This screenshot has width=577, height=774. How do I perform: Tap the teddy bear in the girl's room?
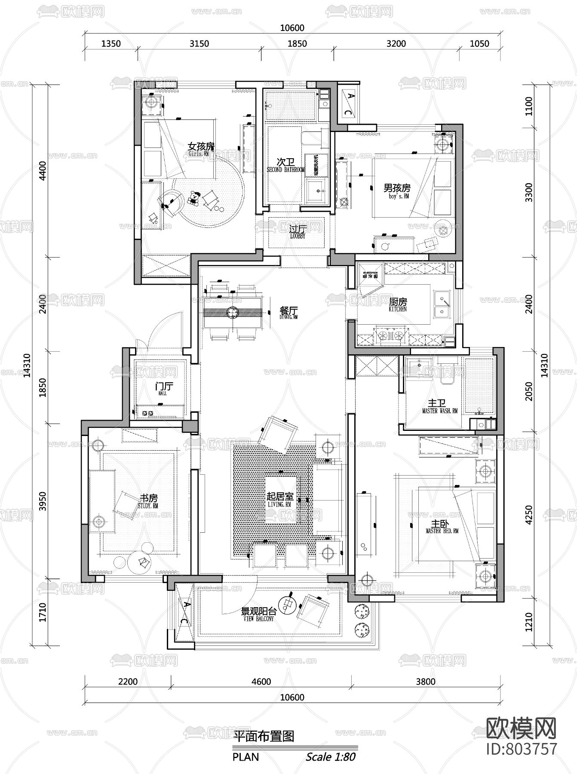tap(195, 198)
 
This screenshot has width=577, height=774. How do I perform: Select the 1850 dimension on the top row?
tap(297, 43)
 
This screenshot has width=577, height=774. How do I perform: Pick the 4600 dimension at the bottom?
tap(261, 682)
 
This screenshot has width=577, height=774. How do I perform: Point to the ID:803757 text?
tap(521, 749)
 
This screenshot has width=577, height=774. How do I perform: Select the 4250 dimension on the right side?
tap(529, 514)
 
